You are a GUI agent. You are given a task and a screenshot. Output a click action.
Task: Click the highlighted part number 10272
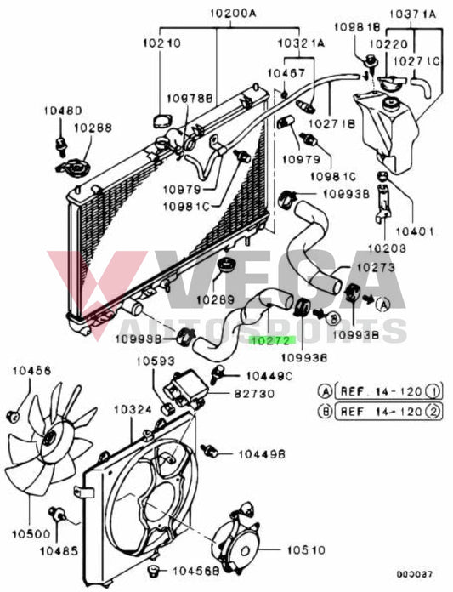tap(269, 339)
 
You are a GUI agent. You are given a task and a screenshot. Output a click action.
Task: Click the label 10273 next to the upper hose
tap(377, 267)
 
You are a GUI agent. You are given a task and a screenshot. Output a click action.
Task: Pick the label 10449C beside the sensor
tap(269, 375)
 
